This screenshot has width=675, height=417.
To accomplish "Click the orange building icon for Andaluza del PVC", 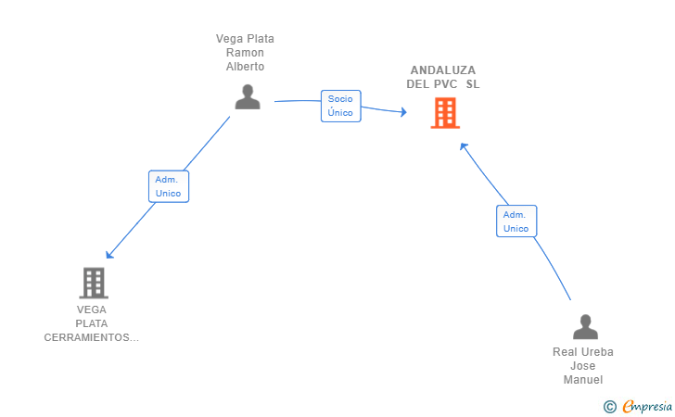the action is click(x=445, y=113).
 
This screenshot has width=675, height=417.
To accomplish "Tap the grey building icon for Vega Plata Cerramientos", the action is click(x=94, y=283).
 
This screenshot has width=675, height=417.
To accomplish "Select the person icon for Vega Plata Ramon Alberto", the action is click(x=248, y=96).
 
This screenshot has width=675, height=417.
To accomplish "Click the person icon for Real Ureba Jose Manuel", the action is click(x=585, y=326).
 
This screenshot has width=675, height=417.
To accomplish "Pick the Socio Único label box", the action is click(x=340, y=106).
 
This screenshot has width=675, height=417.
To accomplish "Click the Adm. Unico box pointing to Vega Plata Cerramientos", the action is click(x=169, y=186).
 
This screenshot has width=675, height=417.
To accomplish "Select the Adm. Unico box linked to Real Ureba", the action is click(x=516, y=221).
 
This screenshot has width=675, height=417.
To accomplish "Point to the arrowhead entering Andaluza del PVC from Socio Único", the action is click(x=403, y=112).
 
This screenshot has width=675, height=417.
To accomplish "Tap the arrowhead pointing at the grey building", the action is click(x=109, y=255).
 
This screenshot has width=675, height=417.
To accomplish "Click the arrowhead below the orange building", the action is click(x=464, y=146).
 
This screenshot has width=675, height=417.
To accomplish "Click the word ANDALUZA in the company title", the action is click(x=443, y=70).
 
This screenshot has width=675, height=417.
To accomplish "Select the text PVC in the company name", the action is click(x=446, y=84).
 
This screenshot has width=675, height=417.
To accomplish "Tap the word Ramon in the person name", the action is click(x=245, y=53).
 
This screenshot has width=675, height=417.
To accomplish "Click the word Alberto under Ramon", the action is click(x=245, y=67).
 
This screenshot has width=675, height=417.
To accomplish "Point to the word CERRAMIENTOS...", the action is click(x=91, y=337).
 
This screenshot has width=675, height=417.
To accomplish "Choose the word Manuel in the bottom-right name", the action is click(x=583, y=380).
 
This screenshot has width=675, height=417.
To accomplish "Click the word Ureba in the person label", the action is click(x=597, y=352).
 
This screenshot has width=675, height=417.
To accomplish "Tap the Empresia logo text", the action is click(x=647, y=406).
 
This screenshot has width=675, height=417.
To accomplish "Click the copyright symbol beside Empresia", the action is click(x=609, y=407).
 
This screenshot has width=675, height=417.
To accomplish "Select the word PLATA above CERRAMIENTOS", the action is click(x=91, y=323).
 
